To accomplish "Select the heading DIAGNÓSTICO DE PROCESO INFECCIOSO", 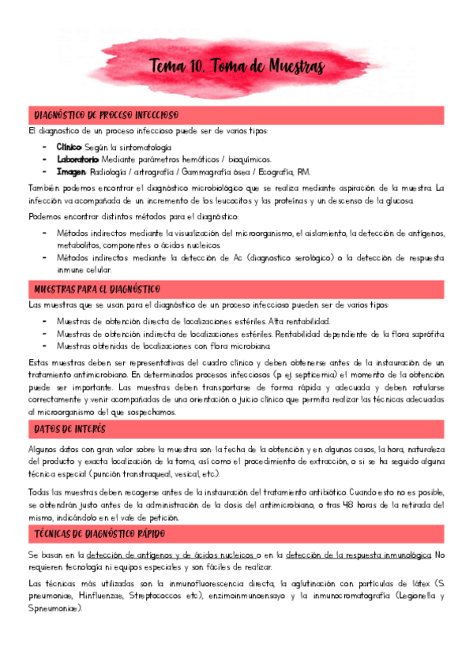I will pos(106,115).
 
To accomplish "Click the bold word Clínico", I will pos(69,148).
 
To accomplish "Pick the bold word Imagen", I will pos(71,171).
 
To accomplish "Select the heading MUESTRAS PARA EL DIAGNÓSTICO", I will pos(97,289).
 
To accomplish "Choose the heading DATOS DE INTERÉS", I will pos(70,429).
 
